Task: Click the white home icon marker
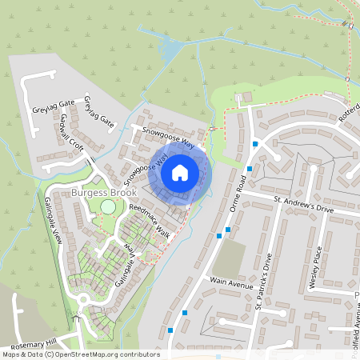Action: pos(180,172)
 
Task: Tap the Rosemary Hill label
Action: pos(29,342)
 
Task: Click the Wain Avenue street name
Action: pos(231,282)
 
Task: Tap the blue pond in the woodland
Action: pos(170,51)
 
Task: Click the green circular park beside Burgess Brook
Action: pos(107,208)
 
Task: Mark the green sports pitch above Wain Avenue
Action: pos(230,256)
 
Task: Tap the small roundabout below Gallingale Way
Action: pos(82,301)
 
